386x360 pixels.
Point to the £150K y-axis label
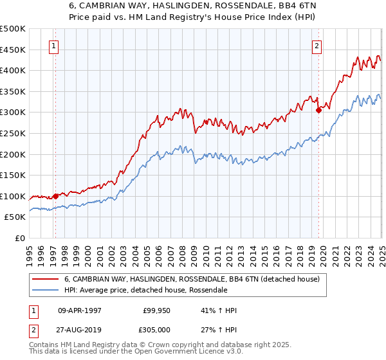tap(13, 175)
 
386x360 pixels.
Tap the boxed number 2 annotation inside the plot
tap(317, 46)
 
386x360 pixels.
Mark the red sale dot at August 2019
tap(318, 110)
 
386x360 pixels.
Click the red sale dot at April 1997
tap(55, 196)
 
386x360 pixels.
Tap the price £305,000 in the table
tap(157, 329)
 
